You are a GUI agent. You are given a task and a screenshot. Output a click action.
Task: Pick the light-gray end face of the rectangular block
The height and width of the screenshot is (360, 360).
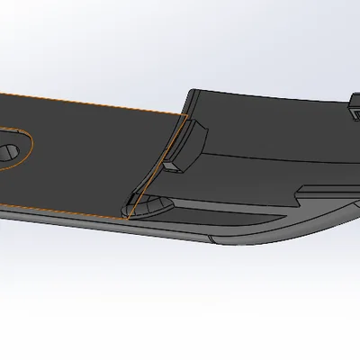(172, 165)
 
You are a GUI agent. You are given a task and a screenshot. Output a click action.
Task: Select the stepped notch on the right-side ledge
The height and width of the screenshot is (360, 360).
(304, 190)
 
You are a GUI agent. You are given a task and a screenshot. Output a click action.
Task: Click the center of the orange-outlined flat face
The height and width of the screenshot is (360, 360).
(90, 157)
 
